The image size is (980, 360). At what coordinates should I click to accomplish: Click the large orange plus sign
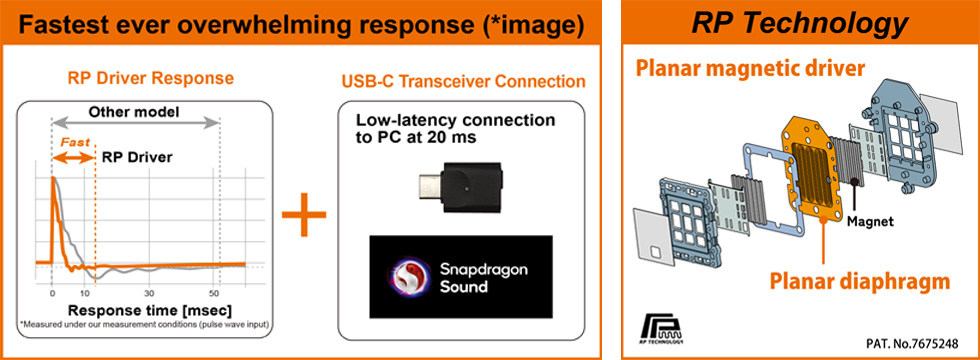304,214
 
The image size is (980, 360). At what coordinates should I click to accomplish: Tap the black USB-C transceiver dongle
461,187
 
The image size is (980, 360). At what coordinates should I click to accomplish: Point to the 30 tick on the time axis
149,292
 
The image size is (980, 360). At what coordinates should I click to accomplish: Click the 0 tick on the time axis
52,292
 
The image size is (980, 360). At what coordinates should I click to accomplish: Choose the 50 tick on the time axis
215,292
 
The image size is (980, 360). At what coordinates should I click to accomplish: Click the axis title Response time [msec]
150,311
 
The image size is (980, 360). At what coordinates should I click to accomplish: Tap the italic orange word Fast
74,142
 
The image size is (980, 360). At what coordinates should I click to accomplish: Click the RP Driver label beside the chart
132,158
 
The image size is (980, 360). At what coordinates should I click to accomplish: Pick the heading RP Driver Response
151,79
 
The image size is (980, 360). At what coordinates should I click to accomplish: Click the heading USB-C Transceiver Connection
464,81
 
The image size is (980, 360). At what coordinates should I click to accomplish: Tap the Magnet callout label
862,221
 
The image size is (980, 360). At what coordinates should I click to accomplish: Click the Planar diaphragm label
860,282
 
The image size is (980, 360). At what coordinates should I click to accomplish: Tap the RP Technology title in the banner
799,24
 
